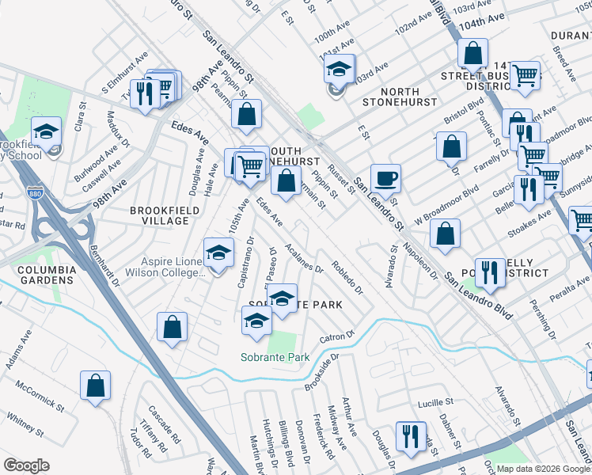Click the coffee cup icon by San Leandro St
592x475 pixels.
coord(385,178)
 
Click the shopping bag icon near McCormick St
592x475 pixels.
coord(95,386)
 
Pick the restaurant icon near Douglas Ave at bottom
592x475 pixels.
coord(410,436)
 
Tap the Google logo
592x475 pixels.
coord(26,465)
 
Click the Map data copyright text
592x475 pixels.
coord(542,469)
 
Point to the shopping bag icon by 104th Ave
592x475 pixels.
coord(472,53)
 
